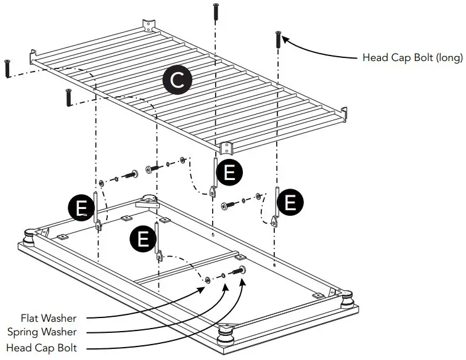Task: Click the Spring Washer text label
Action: pyautogui.click(x=51, y=333)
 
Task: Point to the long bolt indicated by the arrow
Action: pyautogui.click(x=278, y=39)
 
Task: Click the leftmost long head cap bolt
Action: pyautogui.click(x=7, y=68)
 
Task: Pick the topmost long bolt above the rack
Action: pyautogui.click(x=216, y=12)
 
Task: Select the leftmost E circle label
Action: pyautogui.click(x=81, y=210)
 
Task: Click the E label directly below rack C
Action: pyautogui.click(x=229, y=173)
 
